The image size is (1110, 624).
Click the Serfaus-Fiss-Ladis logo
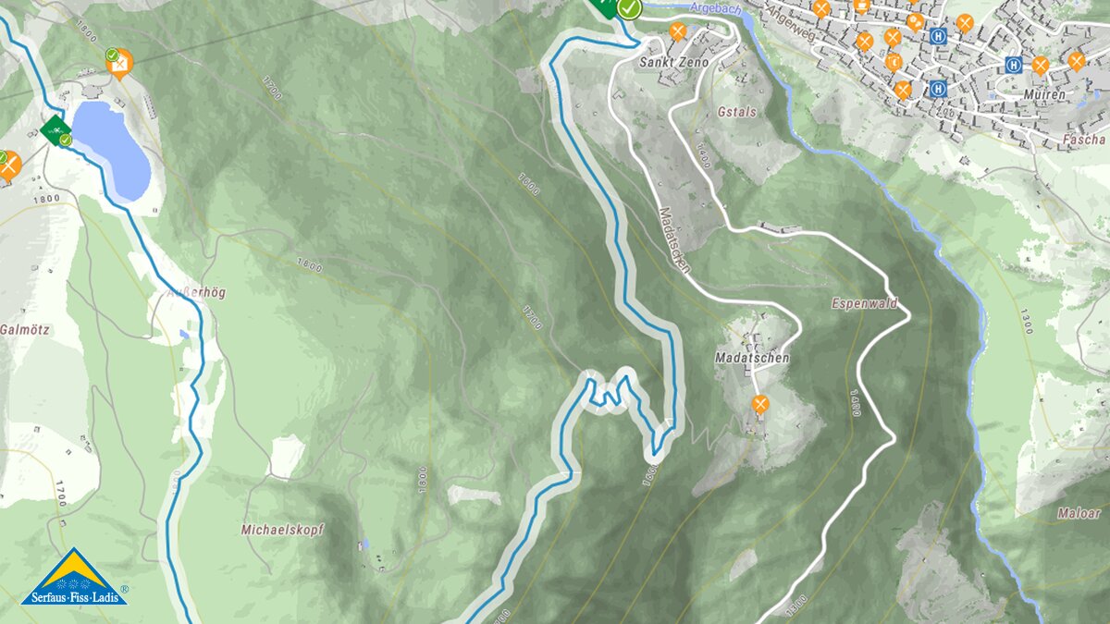73,577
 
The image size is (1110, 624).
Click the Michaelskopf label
281,530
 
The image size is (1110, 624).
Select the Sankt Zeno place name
673,63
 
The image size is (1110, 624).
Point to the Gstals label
736,112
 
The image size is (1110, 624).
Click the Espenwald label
864,303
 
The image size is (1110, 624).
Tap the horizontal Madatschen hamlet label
751,357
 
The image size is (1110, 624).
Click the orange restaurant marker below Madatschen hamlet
760,403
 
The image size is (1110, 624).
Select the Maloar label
1079,512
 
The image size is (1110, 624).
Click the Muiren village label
1044,94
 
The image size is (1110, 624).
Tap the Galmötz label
24,329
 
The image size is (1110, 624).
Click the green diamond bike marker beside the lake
55,128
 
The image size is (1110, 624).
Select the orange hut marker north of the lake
119,63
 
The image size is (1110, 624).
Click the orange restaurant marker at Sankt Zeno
678,32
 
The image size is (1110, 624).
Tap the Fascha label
1084,140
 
